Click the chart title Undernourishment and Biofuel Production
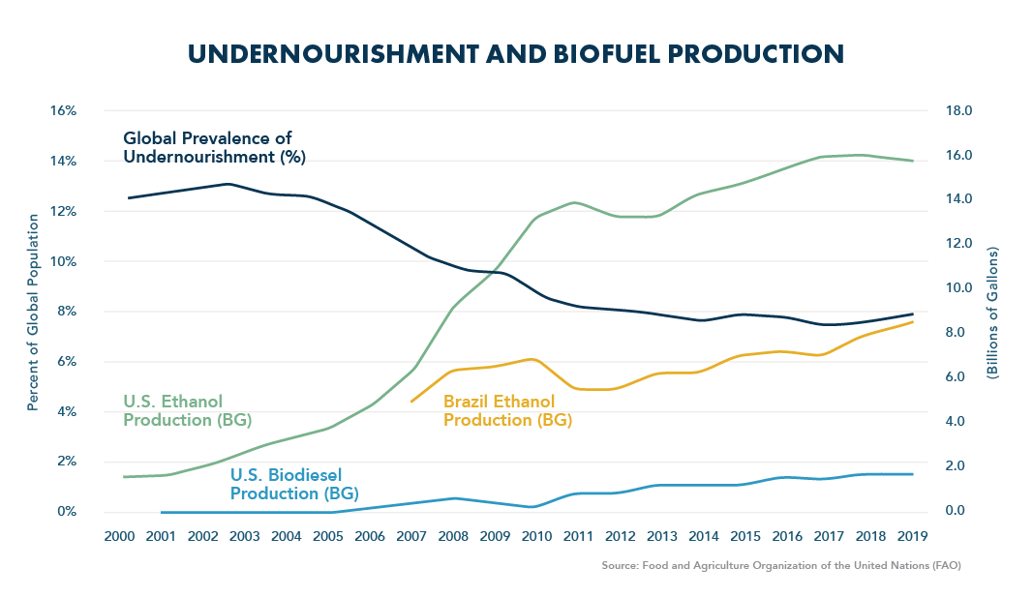[x=516, y=53]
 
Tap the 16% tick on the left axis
[x=63, y=110]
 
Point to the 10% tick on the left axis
[x=63, y=261]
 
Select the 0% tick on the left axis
[x=66, y=511]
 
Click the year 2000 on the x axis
[x=118, y=536]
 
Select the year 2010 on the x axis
[x=535, y=536]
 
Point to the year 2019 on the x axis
[x=911, y=536]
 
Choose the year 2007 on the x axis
[x=410, y=536]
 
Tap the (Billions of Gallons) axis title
[x=993, y=310]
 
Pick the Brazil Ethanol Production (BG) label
[x=506, y=410]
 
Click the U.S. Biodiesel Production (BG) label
[x=293, y=484]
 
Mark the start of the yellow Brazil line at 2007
[x=411, y=402]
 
